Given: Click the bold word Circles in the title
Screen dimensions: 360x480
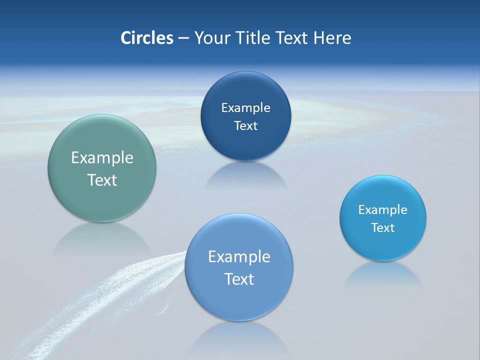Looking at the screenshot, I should click(146, 38).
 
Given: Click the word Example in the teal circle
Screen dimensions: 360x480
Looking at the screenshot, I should click(102, 158).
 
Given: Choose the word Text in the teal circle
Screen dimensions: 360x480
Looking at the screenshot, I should click(102, 180).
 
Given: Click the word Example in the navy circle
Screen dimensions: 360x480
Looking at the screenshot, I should click(245, 107).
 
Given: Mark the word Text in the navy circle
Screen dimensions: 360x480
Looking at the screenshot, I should click(245, 125).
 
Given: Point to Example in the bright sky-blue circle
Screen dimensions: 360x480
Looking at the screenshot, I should click(383, 209).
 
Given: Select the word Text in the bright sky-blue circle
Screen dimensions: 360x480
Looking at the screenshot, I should click(383, 227).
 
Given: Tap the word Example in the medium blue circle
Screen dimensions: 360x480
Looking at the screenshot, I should click(239, 256).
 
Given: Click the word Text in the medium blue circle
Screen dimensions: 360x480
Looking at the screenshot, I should click(239, 278).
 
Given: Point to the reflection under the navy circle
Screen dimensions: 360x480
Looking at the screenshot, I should click(245, 175).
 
